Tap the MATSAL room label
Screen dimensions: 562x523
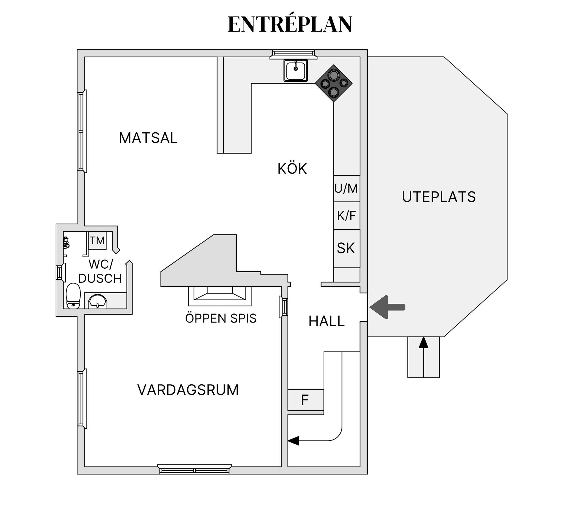148,138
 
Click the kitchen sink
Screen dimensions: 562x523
296,70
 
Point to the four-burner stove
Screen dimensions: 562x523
334,83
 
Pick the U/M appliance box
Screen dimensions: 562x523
347,188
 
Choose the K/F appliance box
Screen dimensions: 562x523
347,216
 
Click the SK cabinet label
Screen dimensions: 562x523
346,248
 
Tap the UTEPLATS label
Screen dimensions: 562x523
439,197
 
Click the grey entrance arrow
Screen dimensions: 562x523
387,307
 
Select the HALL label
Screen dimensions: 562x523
327,321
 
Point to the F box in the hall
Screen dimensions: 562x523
306,400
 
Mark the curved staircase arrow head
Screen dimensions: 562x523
294,440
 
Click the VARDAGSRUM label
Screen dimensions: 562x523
188,390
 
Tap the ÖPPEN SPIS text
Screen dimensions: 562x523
221,318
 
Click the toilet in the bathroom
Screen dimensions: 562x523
73,296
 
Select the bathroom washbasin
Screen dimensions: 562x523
98,301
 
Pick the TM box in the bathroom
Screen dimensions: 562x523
97,240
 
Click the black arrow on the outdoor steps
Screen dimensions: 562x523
424,357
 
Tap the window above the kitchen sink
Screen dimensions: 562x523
293,54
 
